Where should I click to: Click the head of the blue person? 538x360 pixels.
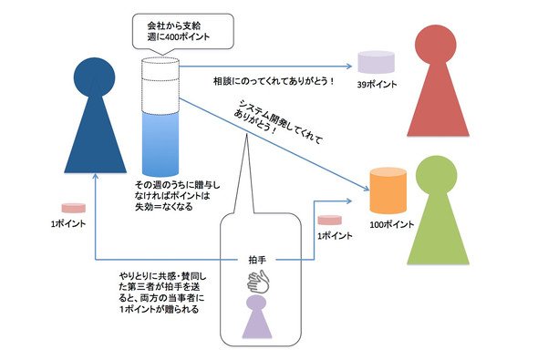coord(95,77)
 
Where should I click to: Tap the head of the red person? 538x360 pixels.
coord(435,45)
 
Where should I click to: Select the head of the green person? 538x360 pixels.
coord(437,176)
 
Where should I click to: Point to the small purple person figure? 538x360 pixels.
coord(256,317)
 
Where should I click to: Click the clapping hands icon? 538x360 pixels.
coord(259,282)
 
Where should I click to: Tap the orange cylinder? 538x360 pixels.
coord(388,190)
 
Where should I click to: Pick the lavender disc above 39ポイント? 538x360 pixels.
coord(376,62)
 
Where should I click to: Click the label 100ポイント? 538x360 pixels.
coord(392,224)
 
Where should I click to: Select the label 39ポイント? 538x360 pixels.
coord(377,85)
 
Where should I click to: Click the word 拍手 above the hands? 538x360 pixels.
coord(257,260)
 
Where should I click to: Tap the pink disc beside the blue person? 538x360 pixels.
coord(74,208)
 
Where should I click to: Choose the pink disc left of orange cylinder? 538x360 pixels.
coord(329,220)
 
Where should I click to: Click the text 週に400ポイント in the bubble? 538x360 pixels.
coord(179,36)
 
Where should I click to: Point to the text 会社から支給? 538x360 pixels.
coord(174,26)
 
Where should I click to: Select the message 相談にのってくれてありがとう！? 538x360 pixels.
coord(274,82)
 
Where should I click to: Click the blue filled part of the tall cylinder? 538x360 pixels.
coord(160,144)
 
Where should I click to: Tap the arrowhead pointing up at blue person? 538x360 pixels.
coord(96,176)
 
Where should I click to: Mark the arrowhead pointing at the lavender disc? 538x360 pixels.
coord(349,66)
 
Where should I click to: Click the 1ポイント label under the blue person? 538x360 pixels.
coord(68,224)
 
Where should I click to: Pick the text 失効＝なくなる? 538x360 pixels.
coord(163,207)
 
